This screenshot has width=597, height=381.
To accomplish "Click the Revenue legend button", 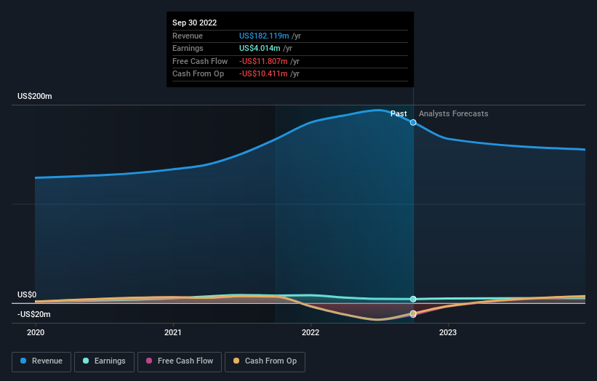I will (x=41, y=361).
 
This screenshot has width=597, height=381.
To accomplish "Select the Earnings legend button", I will (x=105, y=361).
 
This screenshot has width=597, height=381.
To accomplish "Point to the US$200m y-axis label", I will (x=35, y=97).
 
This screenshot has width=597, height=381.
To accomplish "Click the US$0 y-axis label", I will (x=27, y=294).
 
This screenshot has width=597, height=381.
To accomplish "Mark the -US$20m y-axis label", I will (x=34, y=314).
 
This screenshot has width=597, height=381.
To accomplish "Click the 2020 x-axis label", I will (x=36, y=332).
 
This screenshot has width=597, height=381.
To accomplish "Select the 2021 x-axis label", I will (x=173, y=332).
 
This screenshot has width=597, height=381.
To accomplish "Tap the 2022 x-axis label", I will (x=310, y=332).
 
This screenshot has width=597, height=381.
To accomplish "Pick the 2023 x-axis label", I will (x=448, y=332).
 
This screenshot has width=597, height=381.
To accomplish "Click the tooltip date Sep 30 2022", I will (x=194, y=23).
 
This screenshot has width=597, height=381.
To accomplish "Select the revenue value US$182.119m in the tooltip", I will (x=265, y=36).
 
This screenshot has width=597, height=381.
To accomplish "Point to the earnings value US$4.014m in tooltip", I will (x=260, y=49).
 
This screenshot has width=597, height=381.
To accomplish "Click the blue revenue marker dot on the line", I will (x=413, y=122).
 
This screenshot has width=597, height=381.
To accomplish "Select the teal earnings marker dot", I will (x=413, y=299).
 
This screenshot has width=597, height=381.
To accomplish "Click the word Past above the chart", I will (x=398, y=113).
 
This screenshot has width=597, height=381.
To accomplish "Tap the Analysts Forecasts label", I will (x=454, y=113).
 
